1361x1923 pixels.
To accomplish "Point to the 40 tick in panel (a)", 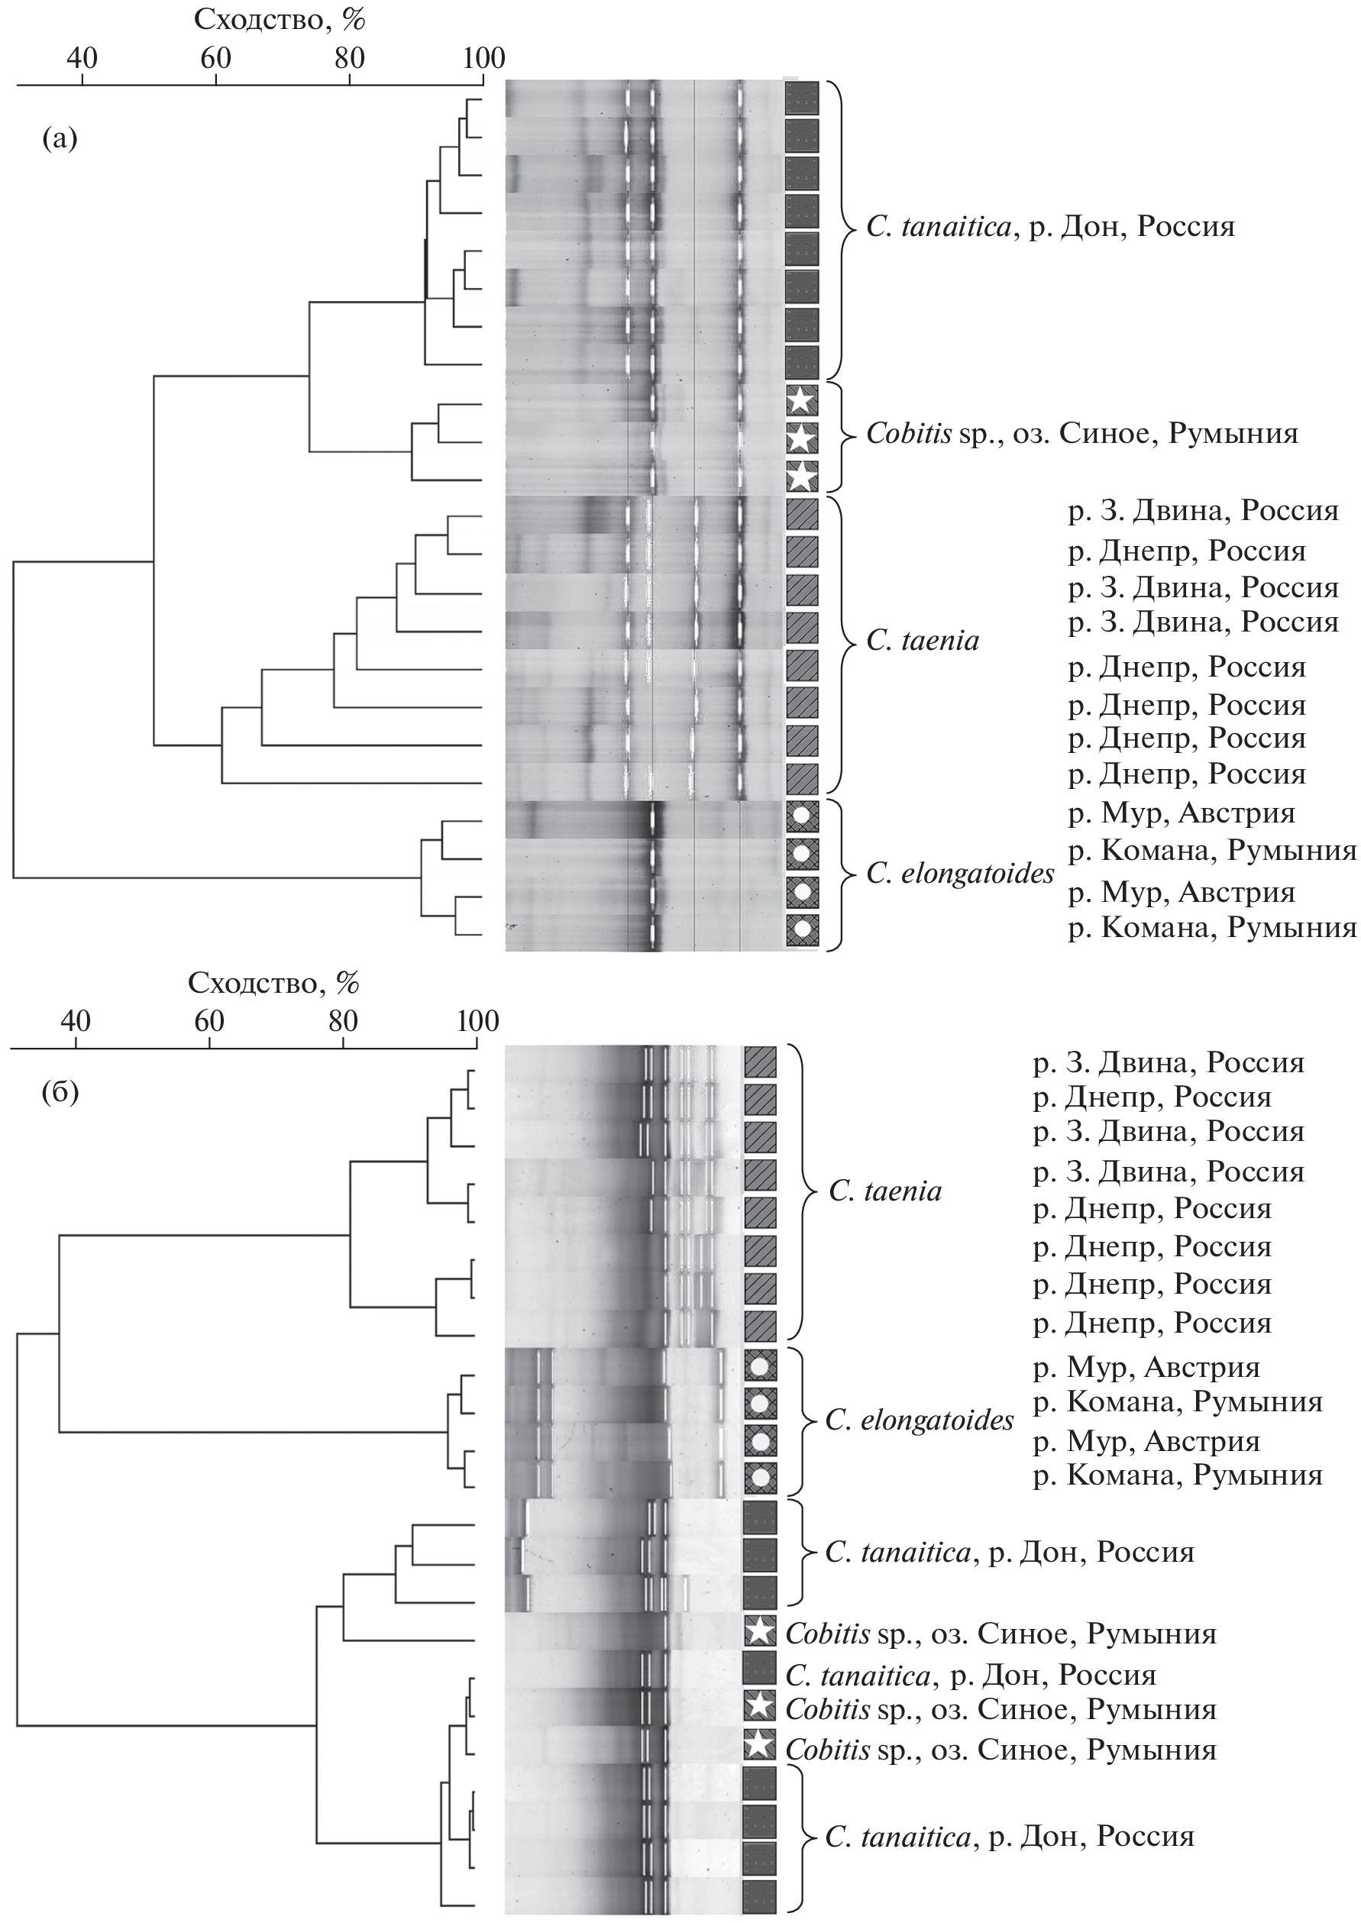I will (x=82, y=58).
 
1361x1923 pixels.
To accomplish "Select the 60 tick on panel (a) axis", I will (x=215, y=58).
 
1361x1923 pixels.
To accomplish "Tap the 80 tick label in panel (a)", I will (x=350, y=58).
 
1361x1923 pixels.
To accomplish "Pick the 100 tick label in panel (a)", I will (x=483, y=58).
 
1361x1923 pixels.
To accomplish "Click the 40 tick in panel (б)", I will (x=76, y=1020).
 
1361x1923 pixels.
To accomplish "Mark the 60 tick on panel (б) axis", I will (x=209, y=1020).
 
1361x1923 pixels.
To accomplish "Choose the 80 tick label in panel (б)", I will (x=343, y=1020).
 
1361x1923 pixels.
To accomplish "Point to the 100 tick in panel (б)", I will (x=477, y=1020).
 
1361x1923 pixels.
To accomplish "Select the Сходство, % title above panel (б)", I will (x=273, y=983).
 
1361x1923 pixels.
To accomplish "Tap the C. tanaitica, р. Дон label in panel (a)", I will (x=1050, y=227).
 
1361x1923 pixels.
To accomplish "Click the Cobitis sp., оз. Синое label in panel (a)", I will (x=1081, y=433).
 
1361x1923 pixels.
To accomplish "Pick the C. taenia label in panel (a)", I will (x=922, y=641).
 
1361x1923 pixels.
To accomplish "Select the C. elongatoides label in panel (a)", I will (x=959, y=874).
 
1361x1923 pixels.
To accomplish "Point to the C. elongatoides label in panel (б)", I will (x=920, y=1420).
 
